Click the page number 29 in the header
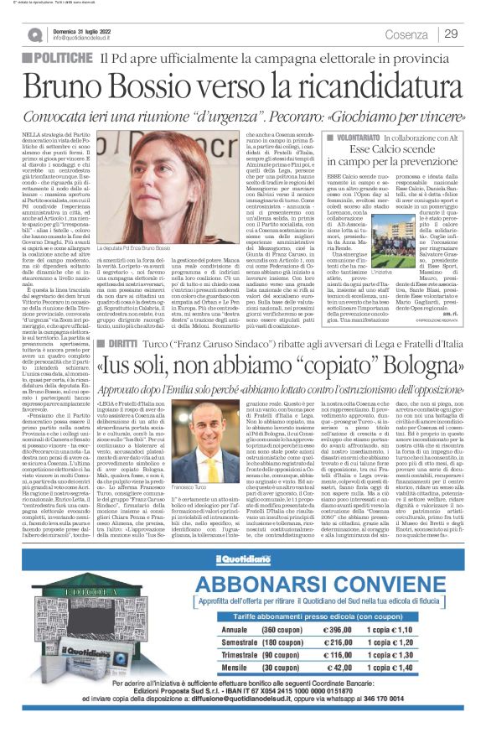click(451, 34)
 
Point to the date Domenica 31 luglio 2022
click(92, 29)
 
